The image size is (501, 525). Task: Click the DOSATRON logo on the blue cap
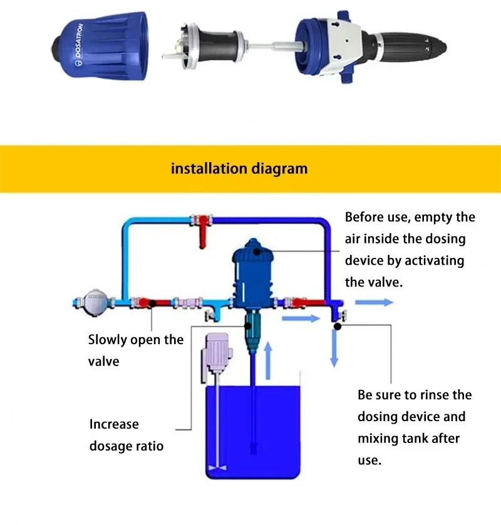(78, 44)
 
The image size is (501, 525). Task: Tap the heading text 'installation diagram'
(239, 168)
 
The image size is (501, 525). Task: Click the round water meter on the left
(96, 302)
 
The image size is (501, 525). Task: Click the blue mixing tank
(252, 432)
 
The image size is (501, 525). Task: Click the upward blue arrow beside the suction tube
(268, 360)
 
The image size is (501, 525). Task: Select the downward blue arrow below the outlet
(334, 349)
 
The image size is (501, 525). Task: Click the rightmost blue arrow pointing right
(374, 302)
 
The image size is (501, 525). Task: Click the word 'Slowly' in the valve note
(108, 340)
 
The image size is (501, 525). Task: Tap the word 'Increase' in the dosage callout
(114, 424)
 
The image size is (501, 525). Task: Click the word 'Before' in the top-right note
(364, 217)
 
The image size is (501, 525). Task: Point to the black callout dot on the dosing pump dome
(257, 251)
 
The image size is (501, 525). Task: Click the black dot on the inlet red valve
(152, 303)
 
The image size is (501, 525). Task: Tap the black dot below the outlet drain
(338, 326)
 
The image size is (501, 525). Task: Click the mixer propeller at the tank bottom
(217, 467)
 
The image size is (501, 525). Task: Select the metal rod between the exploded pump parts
(272, 46)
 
